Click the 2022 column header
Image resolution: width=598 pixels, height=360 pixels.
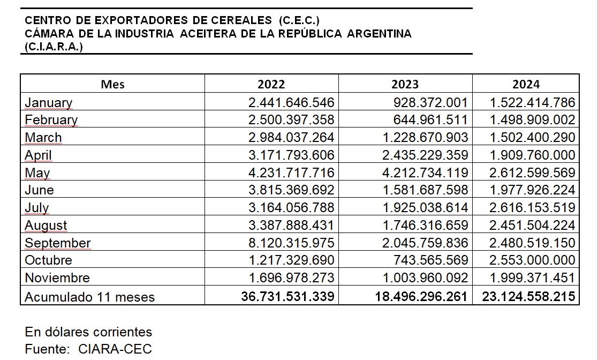click(x=271, y=84)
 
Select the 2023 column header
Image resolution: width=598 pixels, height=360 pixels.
click(x=405, y=84)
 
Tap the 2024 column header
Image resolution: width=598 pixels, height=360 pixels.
click(x=526, y=84)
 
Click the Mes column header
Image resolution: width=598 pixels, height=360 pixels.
click(x=112, y=84)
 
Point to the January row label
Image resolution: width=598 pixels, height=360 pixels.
click(x=48, y=103)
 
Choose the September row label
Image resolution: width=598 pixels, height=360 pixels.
click(x=58, y=243)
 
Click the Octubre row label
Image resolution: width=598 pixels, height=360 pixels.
click(x=48, y=260)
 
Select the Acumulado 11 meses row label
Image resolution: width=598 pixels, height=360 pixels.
click(x=89, y=297)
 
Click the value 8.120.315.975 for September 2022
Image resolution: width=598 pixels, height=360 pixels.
click(x=291, y=243)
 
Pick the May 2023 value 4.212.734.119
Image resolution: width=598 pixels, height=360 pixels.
click(x=425, y=172)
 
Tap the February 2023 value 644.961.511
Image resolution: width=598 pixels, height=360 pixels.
click(x=430, y=120)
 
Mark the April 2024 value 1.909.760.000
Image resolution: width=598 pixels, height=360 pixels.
click(x=532, y=155)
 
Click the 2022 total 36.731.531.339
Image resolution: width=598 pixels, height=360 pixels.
click(x=287, y=296)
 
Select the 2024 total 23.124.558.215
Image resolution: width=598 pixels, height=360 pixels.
click(x=528, y=296)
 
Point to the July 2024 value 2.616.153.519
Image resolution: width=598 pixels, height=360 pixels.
click(x=532, y=208)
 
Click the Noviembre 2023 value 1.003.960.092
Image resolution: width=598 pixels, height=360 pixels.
click(x=425, y=277)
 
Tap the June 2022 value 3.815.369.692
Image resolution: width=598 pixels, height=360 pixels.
click(x=291, y=190)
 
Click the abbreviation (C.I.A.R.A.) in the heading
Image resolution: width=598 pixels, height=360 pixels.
click(x=54, y=47)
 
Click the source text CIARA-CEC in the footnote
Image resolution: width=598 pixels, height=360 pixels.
click(x=115, y=349)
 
